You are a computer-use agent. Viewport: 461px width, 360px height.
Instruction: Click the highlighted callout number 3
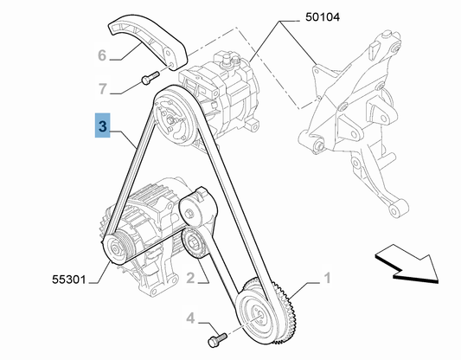(102, 125)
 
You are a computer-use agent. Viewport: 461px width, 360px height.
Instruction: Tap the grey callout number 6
(102, 55)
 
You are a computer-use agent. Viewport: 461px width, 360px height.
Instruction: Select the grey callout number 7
(103, 88)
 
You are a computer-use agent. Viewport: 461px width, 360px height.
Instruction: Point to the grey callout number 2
(190, 278)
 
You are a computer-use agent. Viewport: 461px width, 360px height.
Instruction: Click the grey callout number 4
(190, 318)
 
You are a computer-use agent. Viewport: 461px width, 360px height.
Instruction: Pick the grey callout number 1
(327, 278)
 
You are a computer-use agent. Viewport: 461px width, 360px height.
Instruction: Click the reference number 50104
(323, 16)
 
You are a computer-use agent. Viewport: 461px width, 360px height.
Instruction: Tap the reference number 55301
(69, 280)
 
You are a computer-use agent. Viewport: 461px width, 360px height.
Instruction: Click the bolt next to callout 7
(150, 77)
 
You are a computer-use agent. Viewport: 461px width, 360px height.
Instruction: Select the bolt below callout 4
(217, 340)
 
